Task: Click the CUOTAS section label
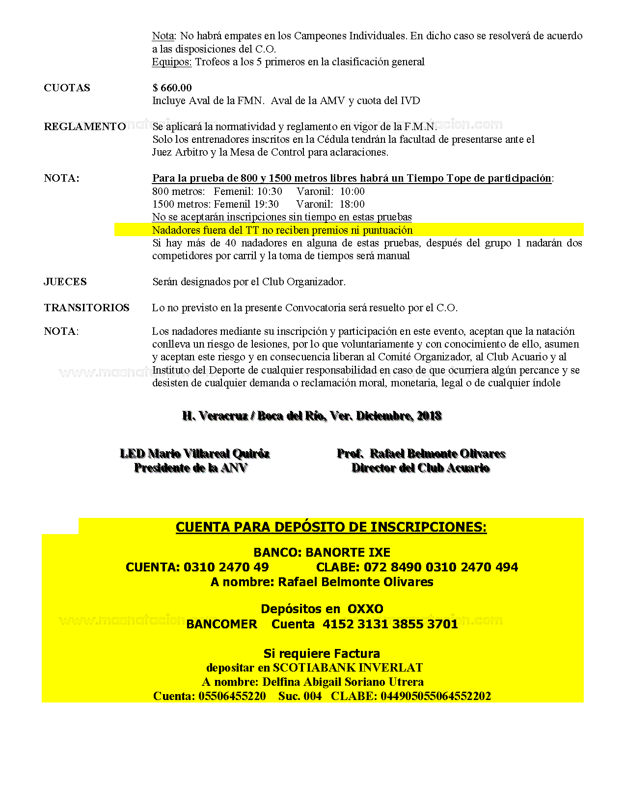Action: [x=67, y=88]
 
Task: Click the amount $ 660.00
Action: [x=172, y=88]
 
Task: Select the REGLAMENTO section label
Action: [x=84, y=127]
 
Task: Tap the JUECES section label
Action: [x=65, y=282]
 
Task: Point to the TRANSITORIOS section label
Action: [x=86, y=308]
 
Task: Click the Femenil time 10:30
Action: [x=270, y=191]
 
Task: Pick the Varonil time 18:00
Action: [x=352, y=204]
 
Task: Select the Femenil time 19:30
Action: [x=266, y=204]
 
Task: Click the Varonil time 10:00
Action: [x=352, y=191]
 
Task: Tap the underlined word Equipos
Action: [x=171, y=62]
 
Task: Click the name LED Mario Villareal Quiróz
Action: [x=194, y=454]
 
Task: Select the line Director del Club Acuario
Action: [x=420, y=468]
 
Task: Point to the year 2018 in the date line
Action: [x=429, y=416]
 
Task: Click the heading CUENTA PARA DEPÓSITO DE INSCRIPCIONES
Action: [x=331, y=527]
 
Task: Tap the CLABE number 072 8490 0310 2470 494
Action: [x=440, y=567]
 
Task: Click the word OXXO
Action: [x=365, y=609]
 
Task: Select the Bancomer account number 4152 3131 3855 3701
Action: [x=390, y=624]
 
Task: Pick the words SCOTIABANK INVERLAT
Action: [x=348, y=668]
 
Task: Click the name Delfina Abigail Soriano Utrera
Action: [x=343, y=682]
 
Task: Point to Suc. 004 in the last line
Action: [x=299, y=696]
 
